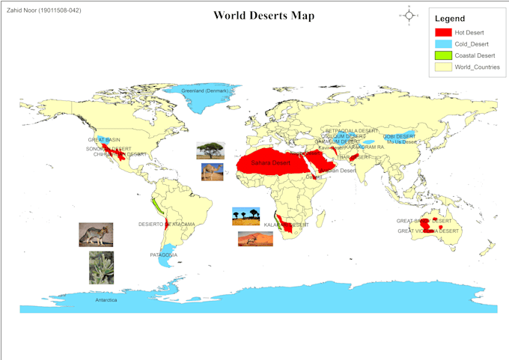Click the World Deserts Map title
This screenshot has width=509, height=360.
click(x=263, y=16)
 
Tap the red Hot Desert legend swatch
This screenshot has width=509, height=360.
click(x=444, y=32)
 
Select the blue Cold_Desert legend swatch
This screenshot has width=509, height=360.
click(x=444, y=43)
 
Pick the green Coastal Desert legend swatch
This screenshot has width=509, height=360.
click(x=444, y=55)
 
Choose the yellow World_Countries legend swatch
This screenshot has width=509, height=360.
click(x=444, y=67)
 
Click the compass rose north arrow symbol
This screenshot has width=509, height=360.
click(x=410, y=15)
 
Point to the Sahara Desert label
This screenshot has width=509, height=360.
click(x=270, y=162)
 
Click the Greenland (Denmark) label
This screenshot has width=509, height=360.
click(x=204, y=91)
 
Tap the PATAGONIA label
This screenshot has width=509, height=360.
click(x=164, y=254)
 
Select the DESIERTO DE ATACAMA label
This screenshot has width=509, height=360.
click(x=166, y=224)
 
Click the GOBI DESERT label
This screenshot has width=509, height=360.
click(x=400, y=136)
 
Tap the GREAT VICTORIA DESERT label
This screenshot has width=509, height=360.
click(x=428, y=231)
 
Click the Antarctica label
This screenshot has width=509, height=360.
click(x=106, y=300)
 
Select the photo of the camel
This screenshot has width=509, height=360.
click(x=212, y=172)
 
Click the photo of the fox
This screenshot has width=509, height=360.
click(x=96, y=234)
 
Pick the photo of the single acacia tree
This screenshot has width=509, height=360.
click(x=210, y=150)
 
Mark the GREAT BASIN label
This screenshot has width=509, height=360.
click(x=104, y=139)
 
